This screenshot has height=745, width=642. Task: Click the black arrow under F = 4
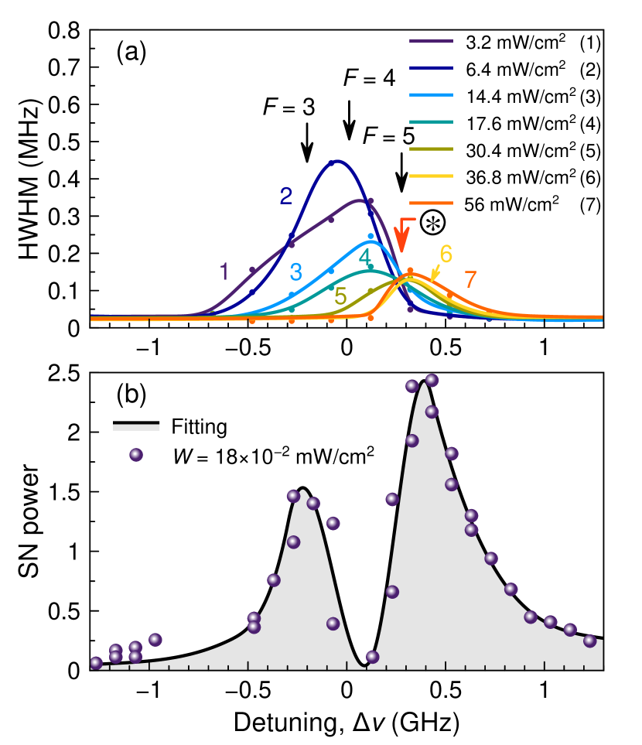click(349, 119)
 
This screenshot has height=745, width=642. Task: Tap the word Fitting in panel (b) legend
click(199, 426)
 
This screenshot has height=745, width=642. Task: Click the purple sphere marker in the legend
click(136, 455)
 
